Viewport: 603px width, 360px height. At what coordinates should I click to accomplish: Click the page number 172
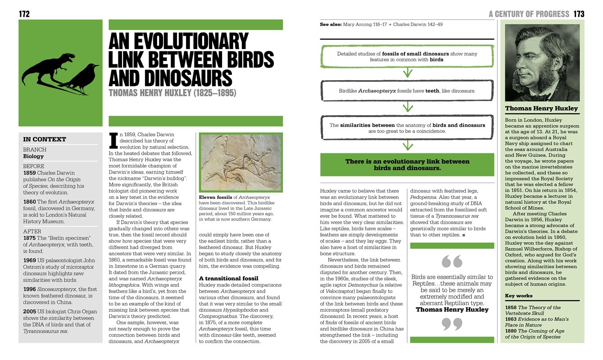click(x=24, y=14)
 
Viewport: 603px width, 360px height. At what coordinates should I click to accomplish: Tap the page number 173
click(x=579, y=14)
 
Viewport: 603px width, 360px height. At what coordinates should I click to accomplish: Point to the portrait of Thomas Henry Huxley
click(x=542, y=63)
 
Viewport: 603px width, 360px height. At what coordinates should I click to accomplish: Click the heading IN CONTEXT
click(x=45, y=139)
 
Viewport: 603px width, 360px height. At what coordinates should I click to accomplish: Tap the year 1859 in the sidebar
click(x=30, y=172)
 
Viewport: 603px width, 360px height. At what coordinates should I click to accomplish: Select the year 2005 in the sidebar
click(x=30, y=311)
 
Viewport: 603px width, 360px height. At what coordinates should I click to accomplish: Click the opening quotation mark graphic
click(x=452, y=261)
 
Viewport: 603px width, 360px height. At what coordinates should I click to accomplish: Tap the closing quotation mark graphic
click(x=452, y=324)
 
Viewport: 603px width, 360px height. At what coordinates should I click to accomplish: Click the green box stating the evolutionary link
click(x=407, y=165)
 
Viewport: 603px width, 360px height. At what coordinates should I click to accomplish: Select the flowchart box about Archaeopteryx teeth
click(x=407, y=91)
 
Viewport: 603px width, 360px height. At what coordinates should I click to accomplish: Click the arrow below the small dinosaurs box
click(x=407, y=72)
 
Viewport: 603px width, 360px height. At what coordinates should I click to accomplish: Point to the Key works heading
click(x=518, y=296)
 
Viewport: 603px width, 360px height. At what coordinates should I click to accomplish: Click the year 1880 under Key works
click(x=510, y=331)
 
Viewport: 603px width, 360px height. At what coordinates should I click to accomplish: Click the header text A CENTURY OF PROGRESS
click(x=529, y=14)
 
